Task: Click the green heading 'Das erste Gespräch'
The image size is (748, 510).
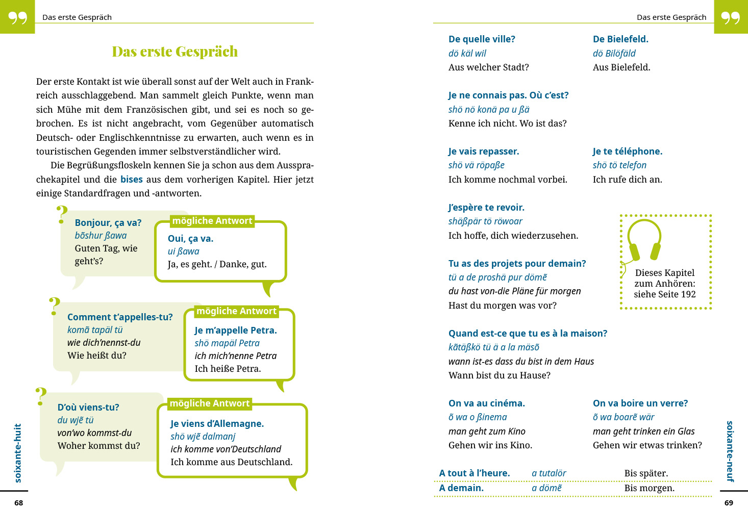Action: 174,52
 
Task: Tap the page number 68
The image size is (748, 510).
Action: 19,503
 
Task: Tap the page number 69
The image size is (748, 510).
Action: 729,503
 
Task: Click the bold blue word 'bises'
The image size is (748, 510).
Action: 131,180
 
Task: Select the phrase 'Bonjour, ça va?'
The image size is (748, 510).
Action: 108,223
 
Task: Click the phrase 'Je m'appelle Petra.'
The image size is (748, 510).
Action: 235,330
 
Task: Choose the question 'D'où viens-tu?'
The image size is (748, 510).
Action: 88,407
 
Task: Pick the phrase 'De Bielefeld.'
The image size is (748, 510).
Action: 620,39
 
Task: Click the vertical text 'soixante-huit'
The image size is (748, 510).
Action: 18,453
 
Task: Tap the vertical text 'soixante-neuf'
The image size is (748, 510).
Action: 730,451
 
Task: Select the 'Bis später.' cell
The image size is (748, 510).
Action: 646,473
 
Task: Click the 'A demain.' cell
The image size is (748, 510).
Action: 461,488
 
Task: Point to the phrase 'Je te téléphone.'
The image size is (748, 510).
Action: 628,151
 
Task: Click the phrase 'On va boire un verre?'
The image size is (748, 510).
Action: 640,403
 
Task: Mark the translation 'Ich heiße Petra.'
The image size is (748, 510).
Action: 228,369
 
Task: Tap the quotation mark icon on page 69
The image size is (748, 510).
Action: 730,17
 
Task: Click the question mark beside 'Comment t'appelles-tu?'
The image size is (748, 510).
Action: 55,307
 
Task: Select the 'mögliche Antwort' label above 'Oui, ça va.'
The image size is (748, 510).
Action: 212,221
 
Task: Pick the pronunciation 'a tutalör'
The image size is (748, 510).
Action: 548,473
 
